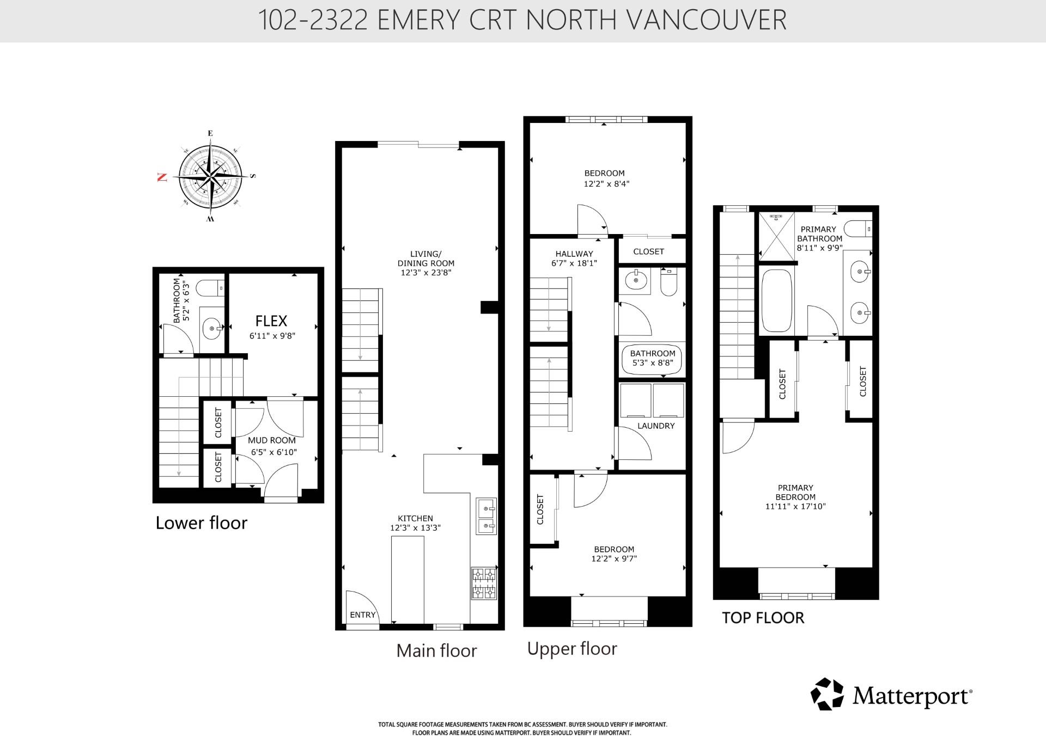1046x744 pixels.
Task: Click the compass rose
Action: (210, 177)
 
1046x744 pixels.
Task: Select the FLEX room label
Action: (271, 321)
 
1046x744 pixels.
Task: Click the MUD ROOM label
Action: (272, 440)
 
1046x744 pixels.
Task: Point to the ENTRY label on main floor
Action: (363, 614)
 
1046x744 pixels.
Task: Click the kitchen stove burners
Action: (484, 583)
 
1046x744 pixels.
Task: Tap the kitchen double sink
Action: (486, 517)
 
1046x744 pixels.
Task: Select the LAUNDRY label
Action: (656, 426)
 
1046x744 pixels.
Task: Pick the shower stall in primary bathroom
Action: (776, 236)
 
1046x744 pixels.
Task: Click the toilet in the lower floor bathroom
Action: (210, 288)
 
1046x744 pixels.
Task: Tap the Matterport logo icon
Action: (827, 694)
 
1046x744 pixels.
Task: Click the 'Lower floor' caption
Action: (202, 522)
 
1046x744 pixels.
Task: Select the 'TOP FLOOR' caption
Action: (763, 618)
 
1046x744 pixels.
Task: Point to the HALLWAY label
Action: (574, 254)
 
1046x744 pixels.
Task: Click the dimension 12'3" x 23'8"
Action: (426, 273)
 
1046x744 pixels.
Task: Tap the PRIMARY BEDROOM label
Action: (795, 492)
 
